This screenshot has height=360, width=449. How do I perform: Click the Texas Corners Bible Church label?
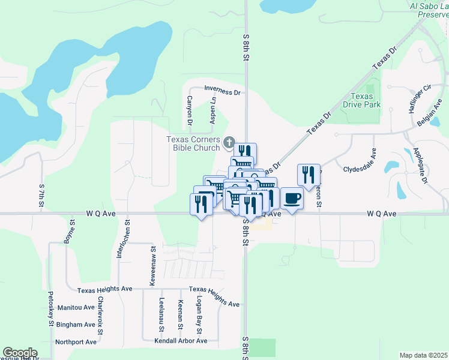click(x=193, y=143)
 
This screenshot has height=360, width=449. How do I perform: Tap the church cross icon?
click(x=228, y=142)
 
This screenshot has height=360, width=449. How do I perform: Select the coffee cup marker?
click(x=292, y=199)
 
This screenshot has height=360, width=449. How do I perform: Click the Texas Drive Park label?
click(x=362, y=100)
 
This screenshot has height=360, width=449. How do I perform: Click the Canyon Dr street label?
click(x=189, y=110)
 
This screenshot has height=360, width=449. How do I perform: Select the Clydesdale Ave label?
click(x=363, y=169)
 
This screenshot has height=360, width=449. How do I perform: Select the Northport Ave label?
click(x=76, y=342)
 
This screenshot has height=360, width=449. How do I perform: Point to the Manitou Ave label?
click(x=76, y=307)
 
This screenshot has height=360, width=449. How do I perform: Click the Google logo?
click(x=20, y=353)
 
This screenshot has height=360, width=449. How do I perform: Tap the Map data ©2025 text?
click(x=423, y=355)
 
